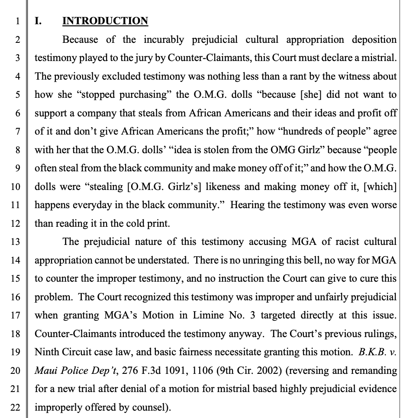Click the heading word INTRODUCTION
pyautogui.click(x=105, y=21)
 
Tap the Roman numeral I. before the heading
pyautogui.click(x=38, y=21)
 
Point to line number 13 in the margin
pyautogui.click(x=15, y=242)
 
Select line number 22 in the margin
pyautogui.click(x=15, y=408)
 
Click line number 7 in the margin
pyautogui.click(x=18, y=132)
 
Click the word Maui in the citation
pyautogui.click(x=45, y=371)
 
